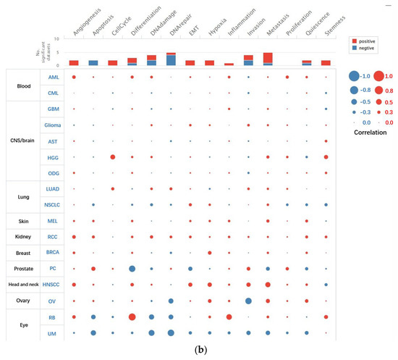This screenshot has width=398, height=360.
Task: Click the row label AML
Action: click(54, 76)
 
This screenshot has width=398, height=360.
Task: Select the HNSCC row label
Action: click(54, 284)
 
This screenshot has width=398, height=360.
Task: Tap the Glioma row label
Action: click(54, 125)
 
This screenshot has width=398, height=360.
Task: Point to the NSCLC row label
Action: click(54, 204)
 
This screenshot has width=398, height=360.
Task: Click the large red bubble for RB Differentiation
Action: click(132, 317)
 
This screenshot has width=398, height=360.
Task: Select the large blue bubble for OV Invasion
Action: click(248, 301)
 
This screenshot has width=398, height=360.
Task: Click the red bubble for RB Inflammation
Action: click(229, 317)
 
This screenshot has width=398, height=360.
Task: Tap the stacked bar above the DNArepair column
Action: click(171, 59)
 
